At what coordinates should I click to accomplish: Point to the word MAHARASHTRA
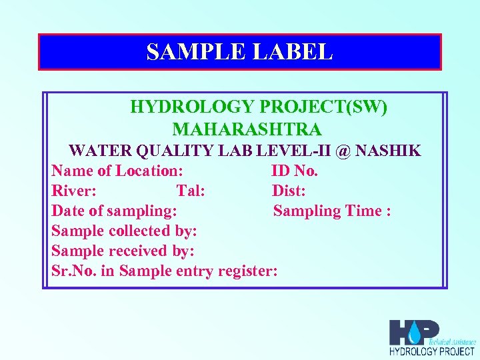247,129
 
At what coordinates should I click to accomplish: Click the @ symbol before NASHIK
343,151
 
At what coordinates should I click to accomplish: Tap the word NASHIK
388,151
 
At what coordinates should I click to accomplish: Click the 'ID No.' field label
295,171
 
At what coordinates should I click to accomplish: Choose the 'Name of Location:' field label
117,171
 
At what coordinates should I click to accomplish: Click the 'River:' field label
74,191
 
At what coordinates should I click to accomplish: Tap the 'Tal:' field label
190,191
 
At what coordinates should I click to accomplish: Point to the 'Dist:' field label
289,191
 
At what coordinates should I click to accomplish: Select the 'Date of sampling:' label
114,211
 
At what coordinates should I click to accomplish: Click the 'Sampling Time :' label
331,211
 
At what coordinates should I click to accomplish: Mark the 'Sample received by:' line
123,251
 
